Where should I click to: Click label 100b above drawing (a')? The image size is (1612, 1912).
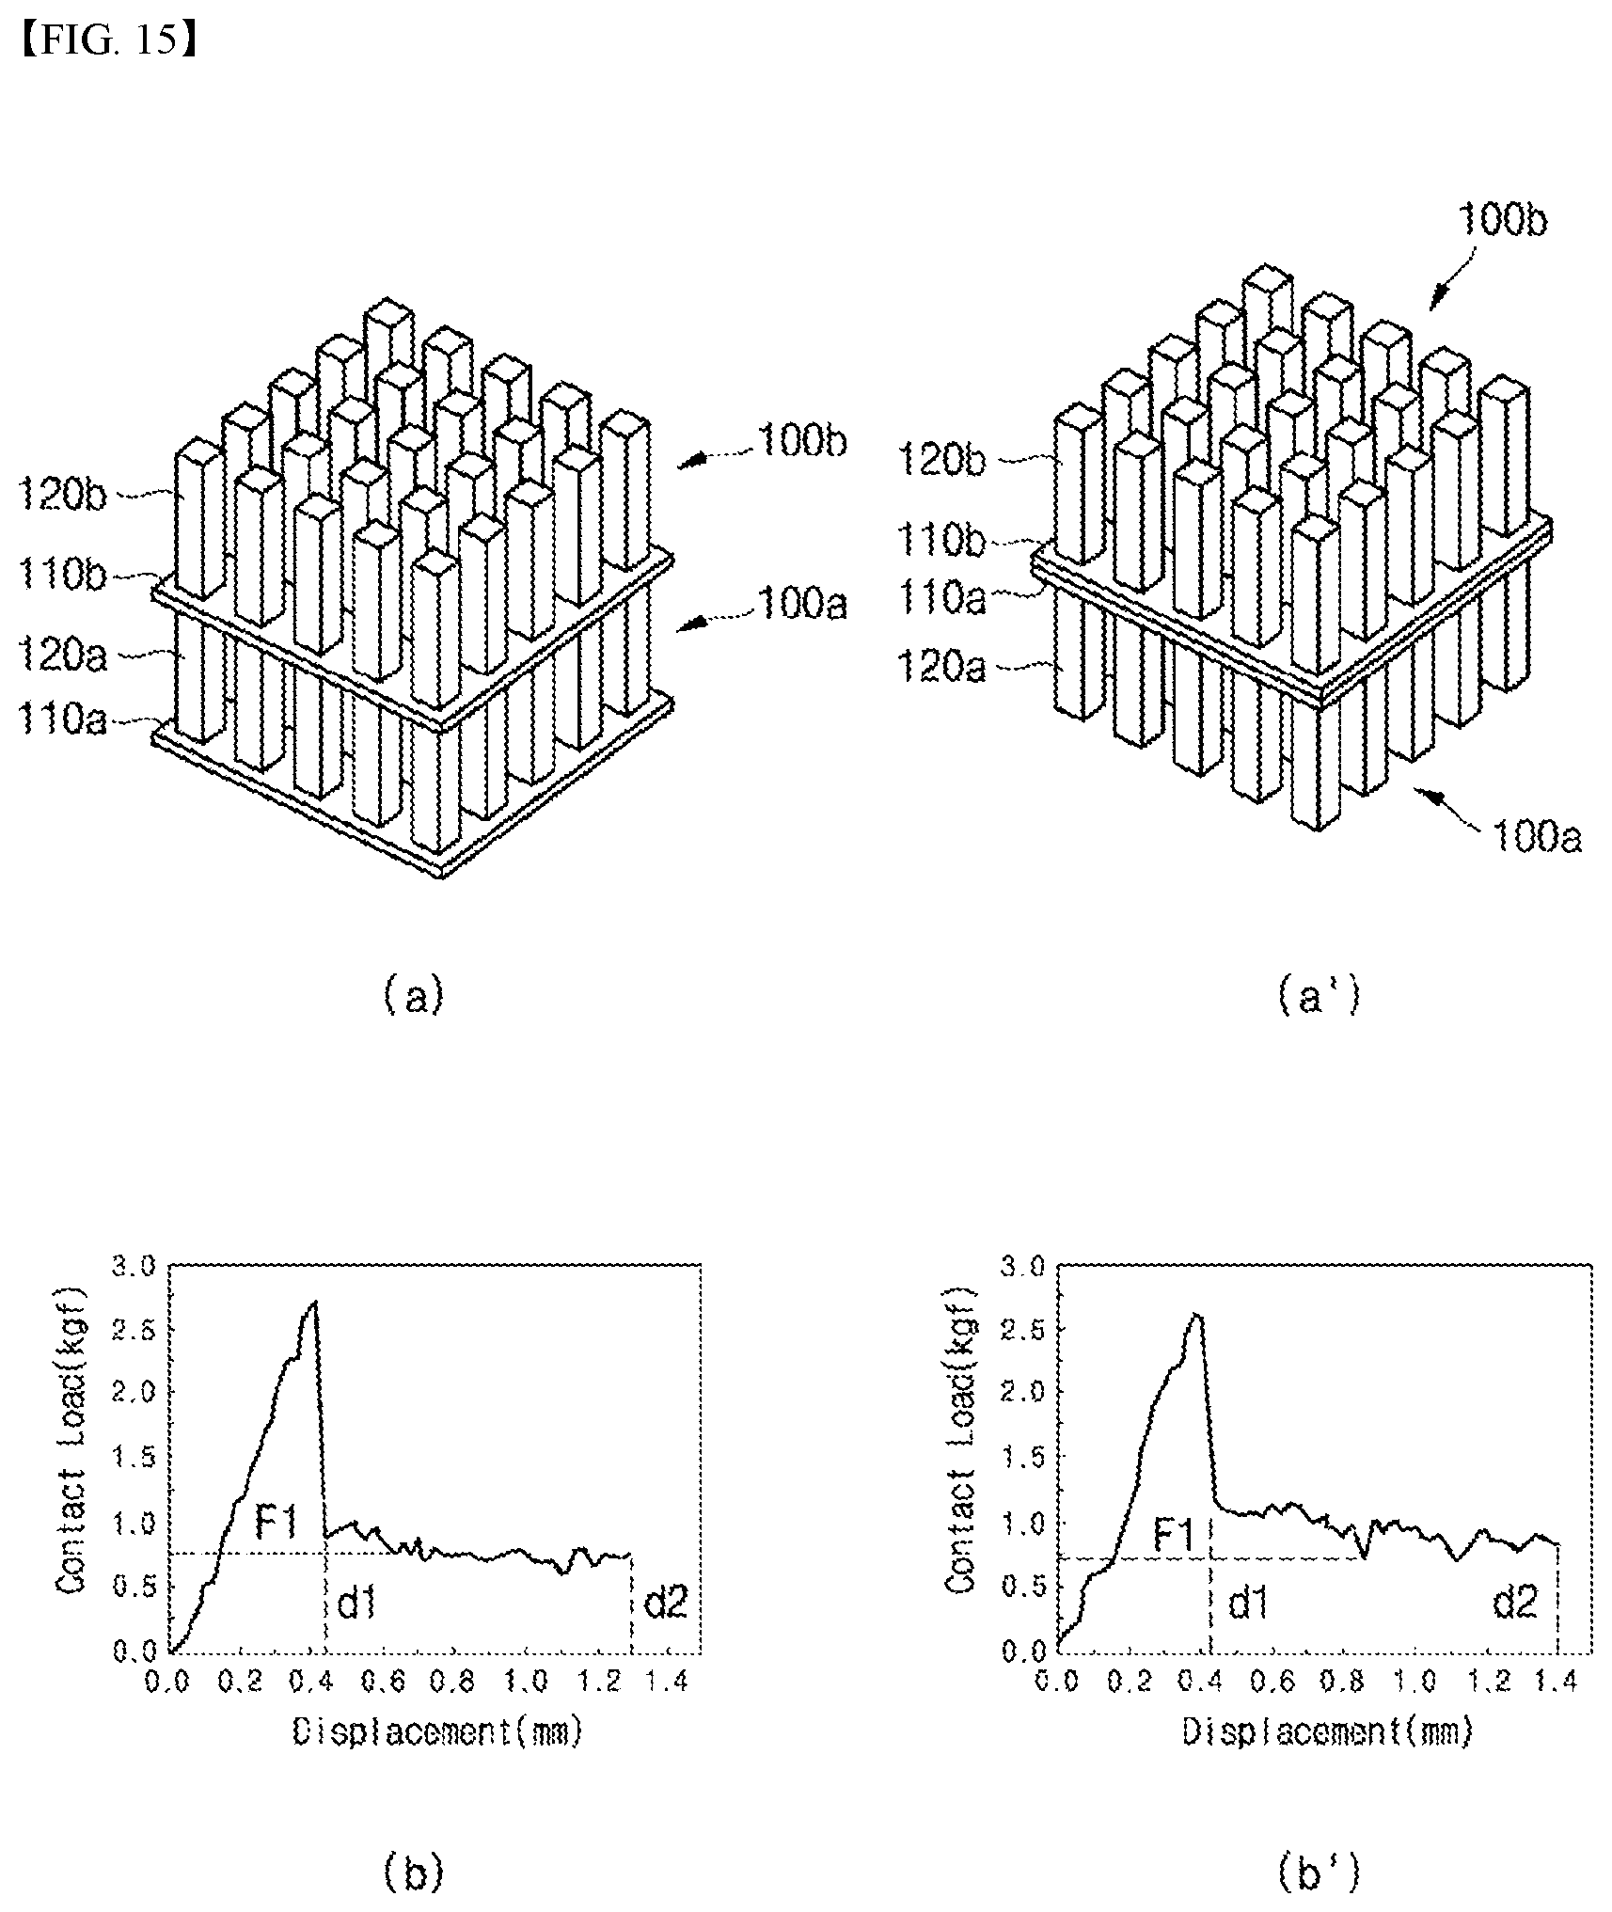coord(1502,222)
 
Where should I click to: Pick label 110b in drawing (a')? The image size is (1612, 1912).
coord(940,542)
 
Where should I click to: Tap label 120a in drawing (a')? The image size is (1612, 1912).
coord(940,668)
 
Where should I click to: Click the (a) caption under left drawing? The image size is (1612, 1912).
coord(414,995)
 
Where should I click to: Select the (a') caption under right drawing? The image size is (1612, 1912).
coord(1319,995)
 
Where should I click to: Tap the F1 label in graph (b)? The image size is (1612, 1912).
coord(277,1521)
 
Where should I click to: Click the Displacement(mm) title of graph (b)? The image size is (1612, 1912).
coord(437,1731)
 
